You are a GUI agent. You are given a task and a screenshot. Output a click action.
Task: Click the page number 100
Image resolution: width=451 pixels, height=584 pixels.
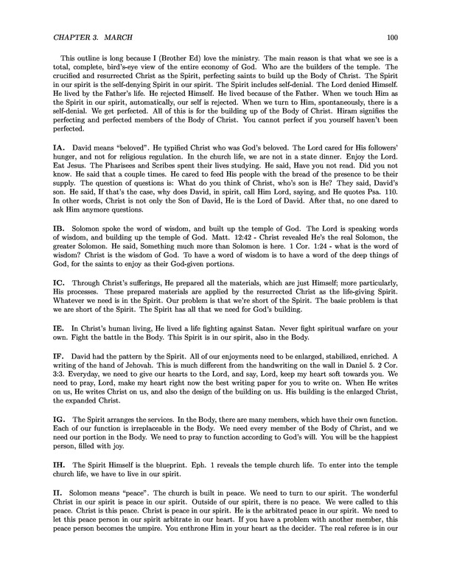tap(392, 35)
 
